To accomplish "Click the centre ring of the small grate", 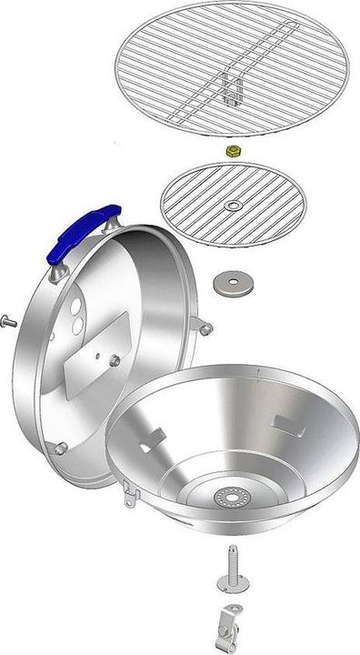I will [x=234, y=207].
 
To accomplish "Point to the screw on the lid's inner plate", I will [x=115, y=361].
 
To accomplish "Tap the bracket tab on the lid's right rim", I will [x=207, y=327].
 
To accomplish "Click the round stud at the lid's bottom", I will [x=61, y=448].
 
